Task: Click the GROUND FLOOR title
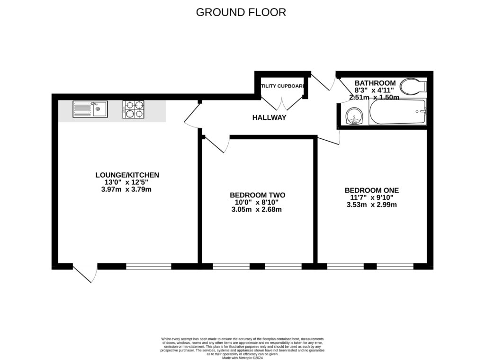click(241, 12)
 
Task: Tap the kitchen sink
click(90, 109)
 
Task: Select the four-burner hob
click(133, 109)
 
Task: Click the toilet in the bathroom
click(413, 87)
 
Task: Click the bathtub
click(397, 112)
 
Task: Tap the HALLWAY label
click(269, 117)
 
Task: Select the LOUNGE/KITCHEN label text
click(127, 175)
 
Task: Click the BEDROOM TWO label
click(258, 195)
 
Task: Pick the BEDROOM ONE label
click(372, 190)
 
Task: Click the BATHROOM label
click(375, 83)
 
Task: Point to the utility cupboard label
click(282, 86)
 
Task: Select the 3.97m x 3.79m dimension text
click(127, 189)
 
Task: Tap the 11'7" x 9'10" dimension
click(372, 198)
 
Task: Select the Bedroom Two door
click(216, 144)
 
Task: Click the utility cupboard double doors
click(282, 103)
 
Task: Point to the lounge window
click(148, 266)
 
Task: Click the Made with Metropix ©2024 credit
click(242, 358)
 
